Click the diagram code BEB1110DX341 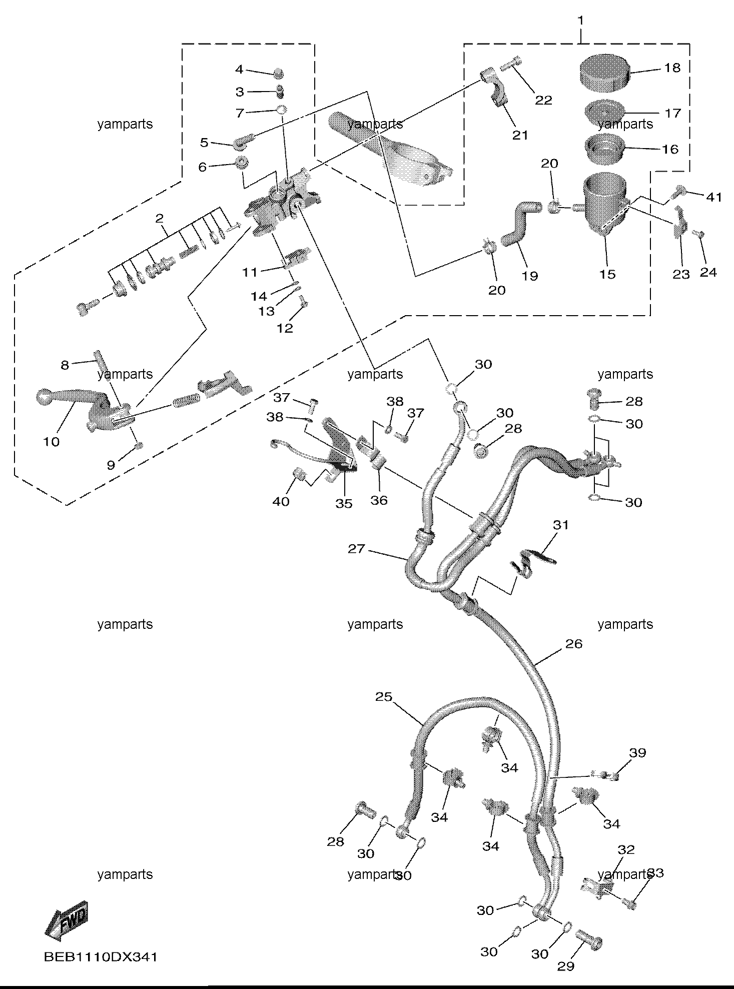click(x=101, y=957)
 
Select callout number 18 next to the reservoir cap click(x=673, y=68)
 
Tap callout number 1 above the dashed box click(x=580, y=21)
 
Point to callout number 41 click(x=714, y=198)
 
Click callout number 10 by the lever click(x=52, y=442)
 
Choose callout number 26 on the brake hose click(x=574, y=644)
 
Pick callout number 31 click(x=561, y=525)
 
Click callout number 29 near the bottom click(x=566, y=966)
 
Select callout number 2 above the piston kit click(x=159, y=218)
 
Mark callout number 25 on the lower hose click(x=384, y=697)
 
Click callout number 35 click(x=344, y=503)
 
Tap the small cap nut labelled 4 click(x=279, y=74)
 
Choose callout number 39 click(x=638, y=767)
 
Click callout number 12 click(x=285, y=328)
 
